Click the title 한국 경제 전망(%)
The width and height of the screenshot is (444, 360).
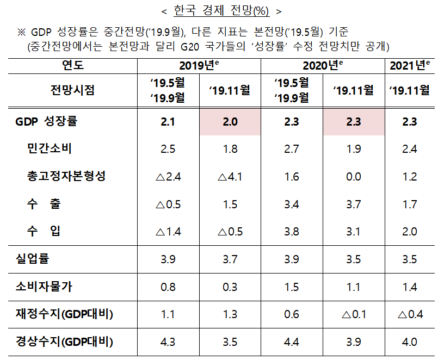222,10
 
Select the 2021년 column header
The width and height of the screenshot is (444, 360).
410,66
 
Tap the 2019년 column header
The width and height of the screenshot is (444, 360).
199,66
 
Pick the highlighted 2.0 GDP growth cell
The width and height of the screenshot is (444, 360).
230,122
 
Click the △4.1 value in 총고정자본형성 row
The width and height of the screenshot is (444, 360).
230,177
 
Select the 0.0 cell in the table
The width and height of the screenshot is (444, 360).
354,177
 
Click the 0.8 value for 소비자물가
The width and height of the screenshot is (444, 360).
168,287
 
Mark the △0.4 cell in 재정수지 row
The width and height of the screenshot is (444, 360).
410,314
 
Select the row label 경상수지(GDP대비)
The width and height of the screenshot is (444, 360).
64,342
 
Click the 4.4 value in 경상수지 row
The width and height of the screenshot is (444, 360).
292,342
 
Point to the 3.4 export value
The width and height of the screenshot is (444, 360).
292,204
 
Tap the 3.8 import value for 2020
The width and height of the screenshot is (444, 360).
292,232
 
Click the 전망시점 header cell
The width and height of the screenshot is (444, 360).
72,90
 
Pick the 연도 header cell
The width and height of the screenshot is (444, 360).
72,66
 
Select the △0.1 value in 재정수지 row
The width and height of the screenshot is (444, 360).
354,314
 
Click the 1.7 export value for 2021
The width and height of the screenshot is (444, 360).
410,204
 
